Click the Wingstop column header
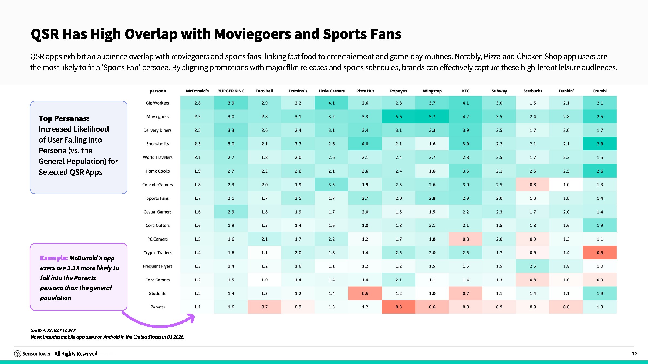[432, 91]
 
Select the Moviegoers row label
[157, 116]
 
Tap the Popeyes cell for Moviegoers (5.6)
[399, 116]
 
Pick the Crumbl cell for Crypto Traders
[600, 253]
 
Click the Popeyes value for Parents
[399, 307]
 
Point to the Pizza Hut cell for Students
[365, 293]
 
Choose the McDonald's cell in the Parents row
[197, 307]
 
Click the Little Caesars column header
[332, 91]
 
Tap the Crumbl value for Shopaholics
[600, 144]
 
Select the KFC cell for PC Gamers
[465, 239]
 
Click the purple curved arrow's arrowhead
[191, 318]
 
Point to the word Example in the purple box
[54, 258]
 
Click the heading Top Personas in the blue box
[64, 119]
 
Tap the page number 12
[634, 353]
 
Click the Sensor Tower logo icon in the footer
[18, 354]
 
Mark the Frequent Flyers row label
[157, 266]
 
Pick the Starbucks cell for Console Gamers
[533, 184]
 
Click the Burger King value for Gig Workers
[231, 103]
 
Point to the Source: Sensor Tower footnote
[53, 331]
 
